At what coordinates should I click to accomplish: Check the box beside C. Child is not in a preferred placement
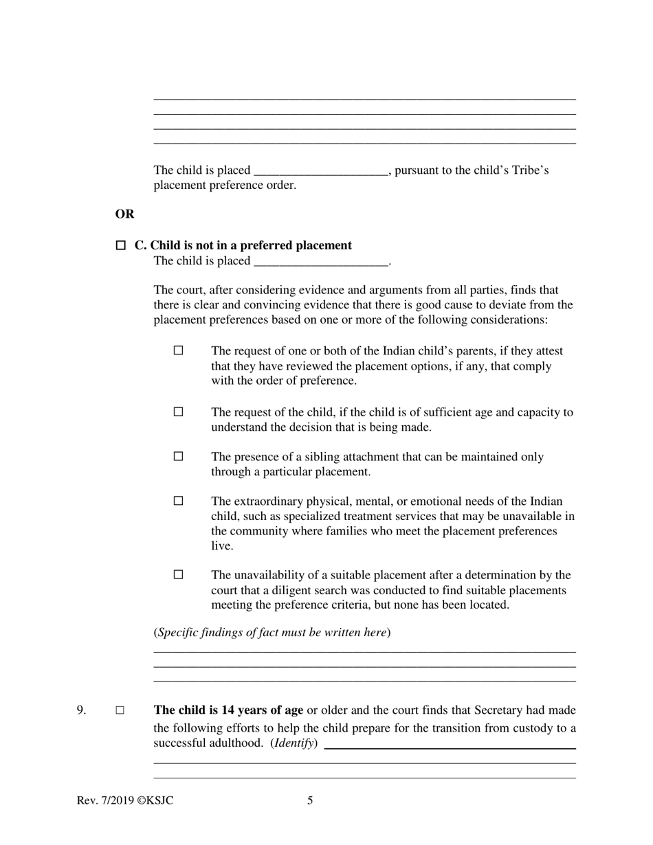coord(121,245)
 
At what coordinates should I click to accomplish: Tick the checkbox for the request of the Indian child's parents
coord(179,350)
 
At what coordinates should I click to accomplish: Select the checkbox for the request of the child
coord(179,412)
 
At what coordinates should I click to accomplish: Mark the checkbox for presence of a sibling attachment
coord(179,456)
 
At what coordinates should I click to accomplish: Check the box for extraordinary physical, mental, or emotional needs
coord(179,501)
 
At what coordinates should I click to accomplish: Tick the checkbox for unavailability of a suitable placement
coord(179,574)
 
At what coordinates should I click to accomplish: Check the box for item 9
coord(120,710)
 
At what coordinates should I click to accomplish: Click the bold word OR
coord(124,214)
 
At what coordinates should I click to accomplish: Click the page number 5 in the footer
coord(310,800)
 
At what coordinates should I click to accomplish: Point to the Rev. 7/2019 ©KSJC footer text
coord(125,800)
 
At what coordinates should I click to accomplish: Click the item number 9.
coord(81,710)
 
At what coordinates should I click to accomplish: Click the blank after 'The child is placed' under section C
coord(321,262)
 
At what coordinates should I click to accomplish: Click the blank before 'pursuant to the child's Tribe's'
coord(321,171)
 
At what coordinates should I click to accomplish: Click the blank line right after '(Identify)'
coord(450,745)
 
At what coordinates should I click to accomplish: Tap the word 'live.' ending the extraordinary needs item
coord(222,546)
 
